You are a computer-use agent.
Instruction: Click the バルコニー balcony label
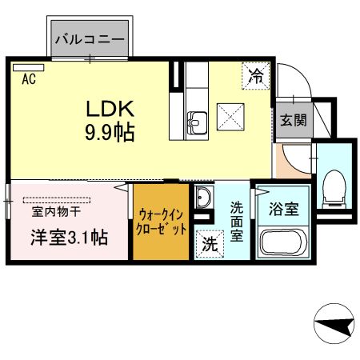pos(90,38)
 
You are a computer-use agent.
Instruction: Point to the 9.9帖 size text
pos(110,131)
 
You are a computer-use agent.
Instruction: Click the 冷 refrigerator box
pos(255,77)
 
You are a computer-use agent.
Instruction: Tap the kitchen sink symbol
pos(197,123)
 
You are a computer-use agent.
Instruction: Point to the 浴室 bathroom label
pos(283,210)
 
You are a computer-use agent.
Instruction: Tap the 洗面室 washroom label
pos(238,222)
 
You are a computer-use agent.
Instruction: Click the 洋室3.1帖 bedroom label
pos(70,238)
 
